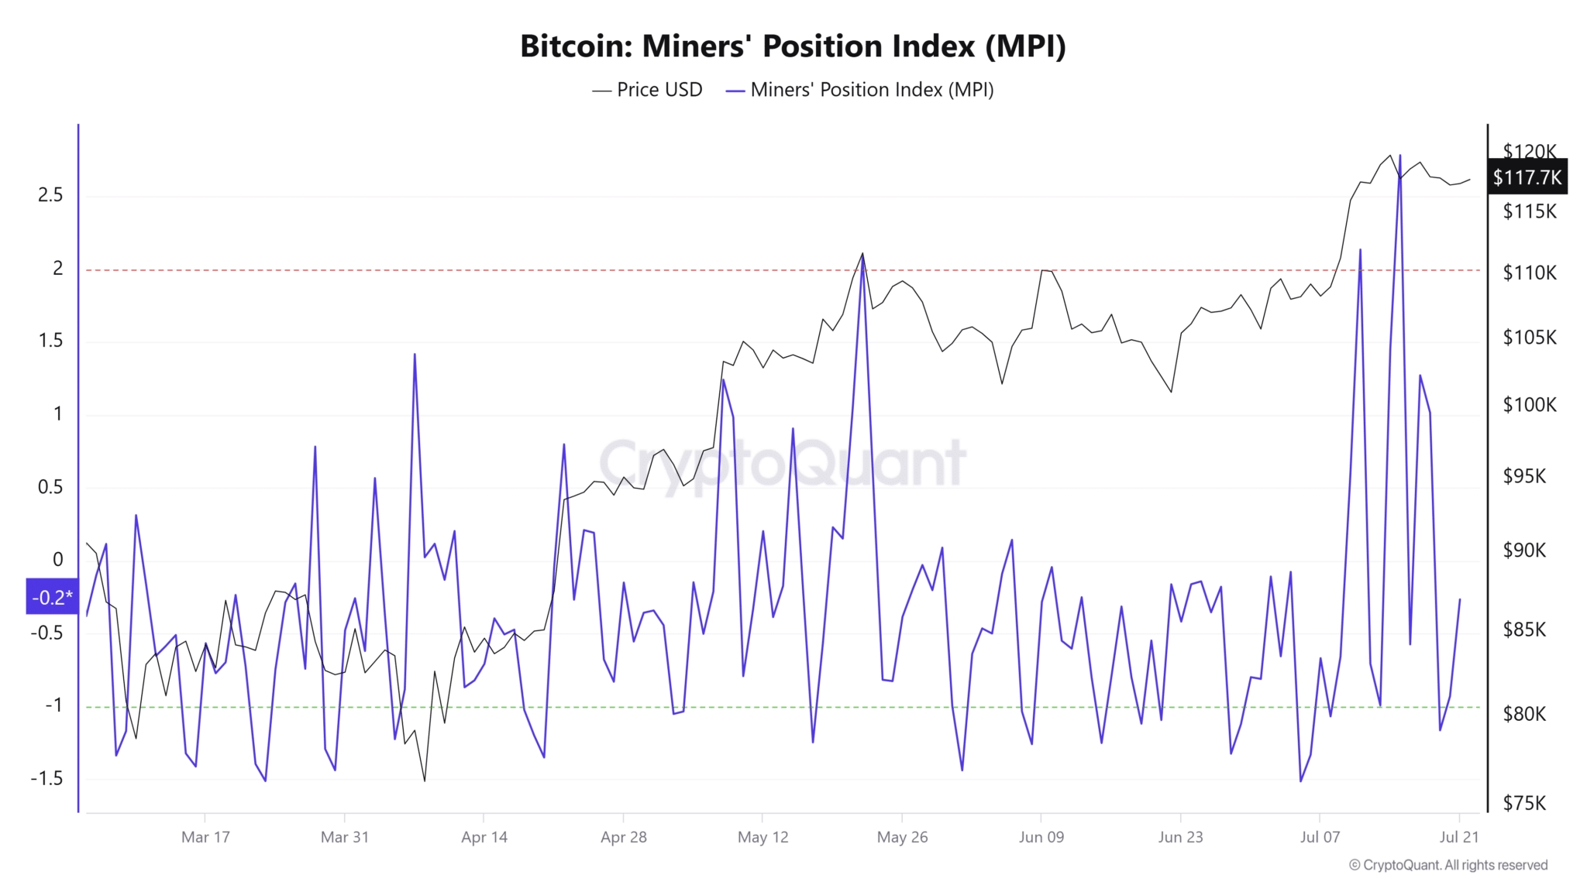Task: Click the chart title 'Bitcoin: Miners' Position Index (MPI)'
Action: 793,46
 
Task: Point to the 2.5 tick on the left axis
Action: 50,195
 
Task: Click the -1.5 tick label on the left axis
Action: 46,778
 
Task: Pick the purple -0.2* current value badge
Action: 52,597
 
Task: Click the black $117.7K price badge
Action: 1527,177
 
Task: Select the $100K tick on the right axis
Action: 1529,405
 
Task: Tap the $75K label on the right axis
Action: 1524,803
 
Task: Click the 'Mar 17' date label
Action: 205,837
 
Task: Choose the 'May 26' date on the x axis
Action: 902,837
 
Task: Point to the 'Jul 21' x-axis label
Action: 1459,837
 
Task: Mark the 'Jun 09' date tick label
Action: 1041,837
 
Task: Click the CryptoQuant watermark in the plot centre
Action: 783,463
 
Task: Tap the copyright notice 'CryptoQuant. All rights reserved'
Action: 1448,865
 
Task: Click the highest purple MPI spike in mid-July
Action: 1400,156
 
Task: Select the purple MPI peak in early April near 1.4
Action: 415,355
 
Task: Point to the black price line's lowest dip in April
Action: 425,780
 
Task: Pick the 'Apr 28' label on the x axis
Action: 623,837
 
